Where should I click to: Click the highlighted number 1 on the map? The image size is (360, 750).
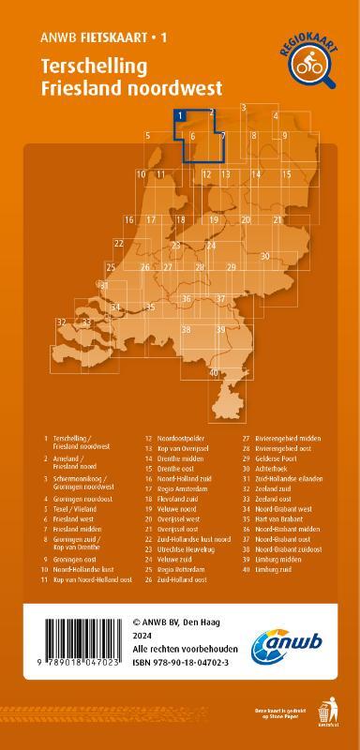pyautogui.click(x=177, y=116)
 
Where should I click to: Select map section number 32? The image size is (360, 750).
pyautogui.click(x=61, y=322)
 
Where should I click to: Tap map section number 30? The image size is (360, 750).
pyautogui.click(x=265, y=255)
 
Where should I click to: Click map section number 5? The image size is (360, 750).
pyautogui.click(x=148, y=137)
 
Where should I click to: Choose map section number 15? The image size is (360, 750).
pyautogui.click(x=287, y=174)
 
